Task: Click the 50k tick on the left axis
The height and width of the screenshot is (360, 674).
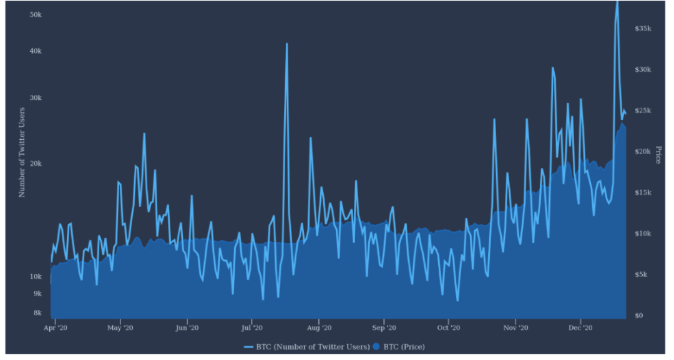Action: pyautogui.click(x=36, y=14)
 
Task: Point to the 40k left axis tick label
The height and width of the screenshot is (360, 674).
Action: pyautogui.click(x=36, y=51)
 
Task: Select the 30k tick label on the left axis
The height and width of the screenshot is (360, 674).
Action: pyautogui.click(x=36, y=99)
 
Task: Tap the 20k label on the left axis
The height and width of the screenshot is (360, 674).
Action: pyautogui.click(x=36, y=163)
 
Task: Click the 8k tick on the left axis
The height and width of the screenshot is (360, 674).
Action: pyautogui.click(x=37, y=313)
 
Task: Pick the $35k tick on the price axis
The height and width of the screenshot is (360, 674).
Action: pyautogui.click(x=643, y=29)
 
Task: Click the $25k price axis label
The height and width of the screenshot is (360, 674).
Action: pyautogui.click(x=643, y=110)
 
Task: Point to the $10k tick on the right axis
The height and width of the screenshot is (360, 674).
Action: pyautogui.click(x=643, y=233)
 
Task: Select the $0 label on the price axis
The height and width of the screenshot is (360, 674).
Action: pyautogui.click(x=639, y=316)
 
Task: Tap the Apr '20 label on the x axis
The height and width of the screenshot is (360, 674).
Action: pyautogui.click(x=56, y=328)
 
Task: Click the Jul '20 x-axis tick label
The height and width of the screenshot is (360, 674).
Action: pyautogui.click(x=252, y=328)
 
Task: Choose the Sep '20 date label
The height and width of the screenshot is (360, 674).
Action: pyautogui.click(x=384, y=328)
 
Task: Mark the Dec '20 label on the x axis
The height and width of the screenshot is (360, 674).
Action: pyautogui.click(x=580, y=328)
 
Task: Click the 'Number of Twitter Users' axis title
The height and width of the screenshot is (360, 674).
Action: pyautogui.click(x=22, y=152)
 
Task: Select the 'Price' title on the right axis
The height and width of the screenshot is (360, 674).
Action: pyautogui.click(x=658, y=155)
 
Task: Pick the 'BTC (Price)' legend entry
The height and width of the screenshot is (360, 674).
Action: pyautogui.click(x=403, y=347)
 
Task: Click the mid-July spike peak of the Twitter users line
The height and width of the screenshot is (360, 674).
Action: pyautogui.click(x=286, y=44)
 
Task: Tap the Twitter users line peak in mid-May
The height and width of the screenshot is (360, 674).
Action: pyautogui.click(x=144, y=134)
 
